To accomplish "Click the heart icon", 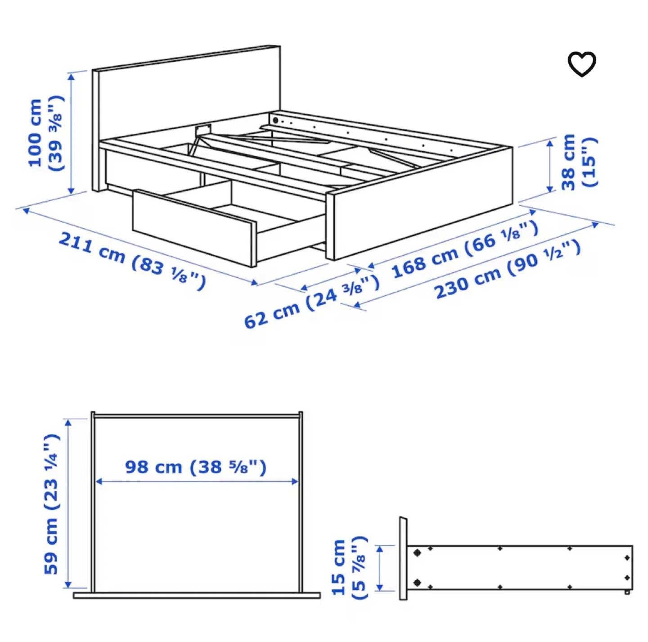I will pyautogui.click(x=581, y=64).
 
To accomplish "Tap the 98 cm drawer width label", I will pyautogui.click(x=196, y=467).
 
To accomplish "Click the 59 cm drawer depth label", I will pyautogui.click(x=51, y=504).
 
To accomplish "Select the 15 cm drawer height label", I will pyautogui.click(x=349, y=567).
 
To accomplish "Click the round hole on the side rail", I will pyautogui.click(x=275, y=121).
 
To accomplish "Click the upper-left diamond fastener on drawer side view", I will pyautogui.click(x=417, y=552).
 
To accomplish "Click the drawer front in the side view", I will pyautogui.click(x=403, y=558).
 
